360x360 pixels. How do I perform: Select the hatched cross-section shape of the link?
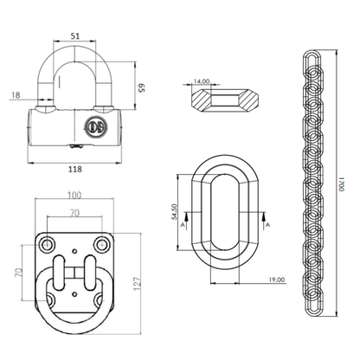tap(222, 98)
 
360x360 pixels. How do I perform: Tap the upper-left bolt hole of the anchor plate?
tap(47, 240)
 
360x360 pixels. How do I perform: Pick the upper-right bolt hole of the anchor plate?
tap(104, 240)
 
